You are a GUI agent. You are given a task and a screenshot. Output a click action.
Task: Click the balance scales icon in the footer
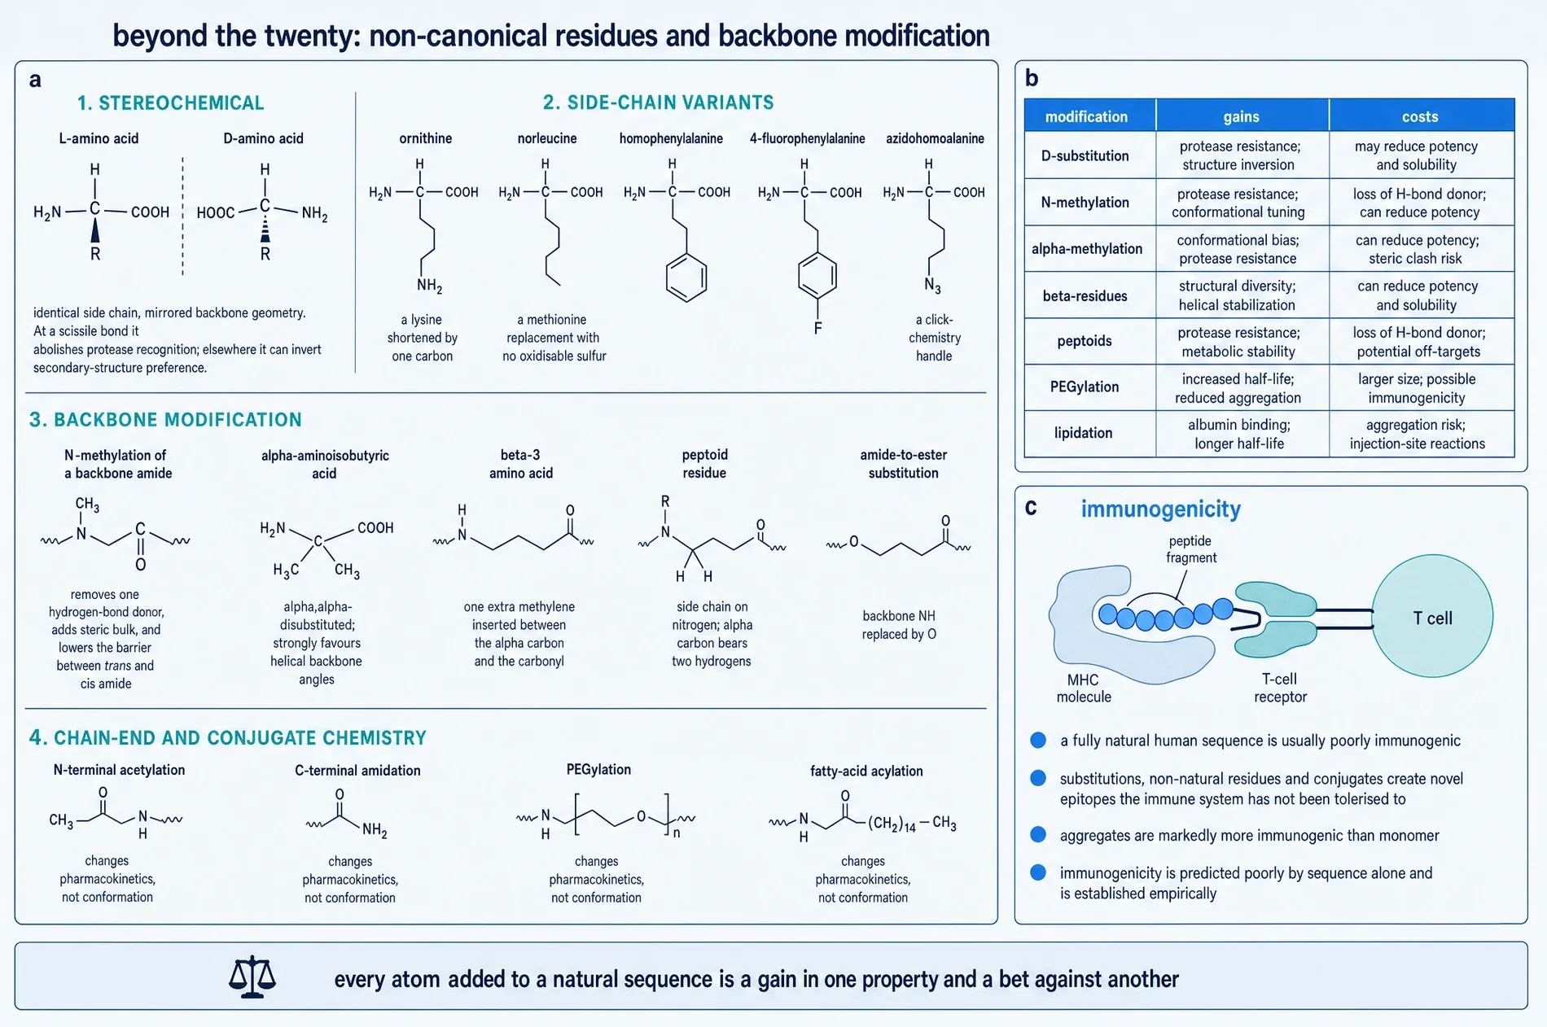coord(252,977)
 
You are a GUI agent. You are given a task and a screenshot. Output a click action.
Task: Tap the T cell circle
coord(1432,616)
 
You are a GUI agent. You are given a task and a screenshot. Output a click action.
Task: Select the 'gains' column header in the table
coord(1242,116)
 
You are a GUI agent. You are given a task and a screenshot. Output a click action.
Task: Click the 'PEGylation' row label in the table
coord(1085,387)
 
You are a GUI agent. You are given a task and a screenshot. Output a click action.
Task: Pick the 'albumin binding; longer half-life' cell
coord(1239,434)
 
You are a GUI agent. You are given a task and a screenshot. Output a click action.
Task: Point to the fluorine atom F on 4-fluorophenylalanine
coord(817,328)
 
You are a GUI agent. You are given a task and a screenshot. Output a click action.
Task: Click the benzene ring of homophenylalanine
coord(686,278)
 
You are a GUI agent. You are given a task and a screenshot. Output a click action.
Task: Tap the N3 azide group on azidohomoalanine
coord(932,286)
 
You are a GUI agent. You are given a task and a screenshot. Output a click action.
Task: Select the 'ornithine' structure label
coord(426,138)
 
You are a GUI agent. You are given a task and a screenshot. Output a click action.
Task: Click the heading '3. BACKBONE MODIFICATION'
coord(165,420)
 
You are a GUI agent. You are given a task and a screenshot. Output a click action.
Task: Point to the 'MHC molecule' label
coord(1084,688)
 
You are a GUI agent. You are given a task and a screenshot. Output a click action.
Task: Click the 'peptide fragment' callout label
coord(1190,549)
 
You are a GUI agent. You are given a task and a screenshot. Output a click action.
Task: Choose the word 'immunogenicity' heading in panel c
coord(1161,509)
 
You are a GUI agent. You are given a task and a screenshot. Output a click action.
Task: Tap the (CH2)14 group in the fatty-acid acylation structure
coord(892,824)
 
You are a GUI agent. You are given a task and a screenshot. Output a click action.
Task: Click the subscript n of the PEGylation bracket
coord(677,833)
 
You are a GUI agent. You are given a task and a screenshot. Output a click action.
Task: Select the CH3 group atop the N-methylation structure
coord(87,505)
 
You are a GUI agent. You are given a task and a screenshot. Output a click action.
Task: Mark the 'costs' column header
coord(1420,116)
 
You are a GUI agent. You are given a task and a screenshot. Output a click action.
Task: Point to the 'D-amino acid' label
coord(264,138)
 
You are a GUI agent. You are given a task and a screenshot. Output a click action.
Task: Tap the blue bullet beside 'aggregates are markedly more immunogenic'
coord(1038,835)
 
